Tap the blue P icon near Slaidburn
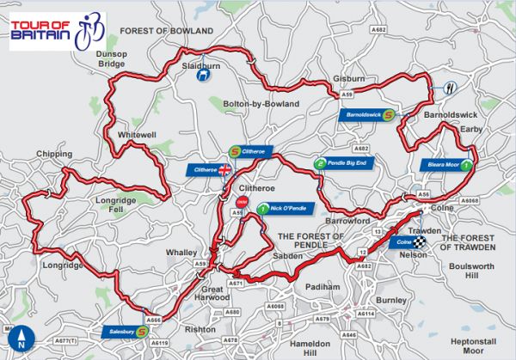(x=200, y=76)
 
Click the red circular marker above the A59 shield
(x=240, y=201)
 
